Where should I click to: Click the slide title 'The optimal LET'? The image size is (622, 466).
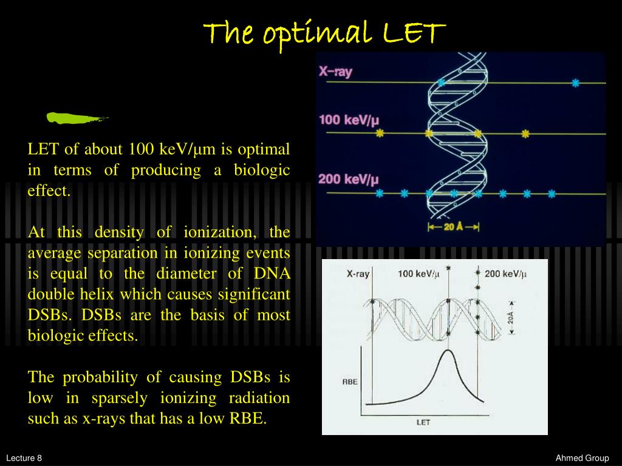pos(324,33)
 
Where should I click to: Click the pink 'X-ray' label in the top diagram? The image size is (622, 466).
pos(335,72)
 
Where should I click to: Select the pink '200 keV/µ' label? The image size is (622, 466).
pos(348,180)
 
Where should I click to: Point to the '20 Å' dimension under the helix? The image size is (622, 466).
pos(453,227)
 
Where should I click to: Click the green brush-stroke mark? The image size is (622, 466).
pos(77,118)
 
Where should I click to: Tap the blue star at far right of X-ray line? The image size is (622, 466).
pos(576,83)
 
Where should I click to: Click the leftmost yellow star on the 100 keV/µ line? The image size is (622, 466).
pos(380,133)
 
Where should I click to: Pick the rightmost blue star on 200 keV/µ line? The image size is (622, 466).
pos(552,194)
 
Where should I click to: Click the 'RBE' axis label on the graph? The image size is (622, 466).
pos(350,382)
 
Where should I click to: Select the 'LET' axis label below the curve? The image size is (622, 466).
pos(423,422)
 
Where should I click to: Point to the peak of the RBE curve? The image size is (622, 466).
pos(448,350)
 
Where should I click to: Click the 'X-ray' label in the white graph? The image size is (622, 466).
pos(358,274)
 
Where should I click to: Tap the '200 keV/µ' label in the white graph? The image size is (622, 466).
pos(506,274)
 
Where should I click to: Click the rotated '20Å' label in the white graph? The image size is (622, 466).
pos(511,318)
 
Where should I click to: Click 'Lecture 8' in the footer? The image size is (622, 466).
pos(24,458)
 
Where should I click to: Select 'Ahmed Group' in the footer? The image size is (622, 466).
pos(582,458)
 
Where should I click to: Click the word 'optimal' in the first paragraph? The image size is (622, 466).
pos(264,150)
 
